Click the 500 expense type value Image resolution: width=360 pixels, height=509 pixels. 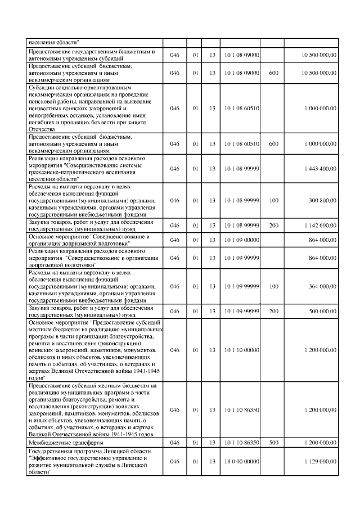coord(274,443)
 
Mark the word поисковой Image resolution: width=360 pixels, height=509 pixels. coord(45,101)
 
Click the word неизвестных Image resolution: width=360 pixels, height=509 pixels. coord(47,108)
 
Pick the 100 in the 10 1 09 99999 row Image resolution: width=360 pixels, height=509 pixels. coord(274,286)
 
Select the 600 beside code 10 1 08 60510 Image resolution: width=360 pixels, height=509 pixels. coord(274,143)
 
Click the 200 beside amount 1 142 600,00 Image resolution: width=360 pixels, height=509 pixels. coord(274,226)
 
